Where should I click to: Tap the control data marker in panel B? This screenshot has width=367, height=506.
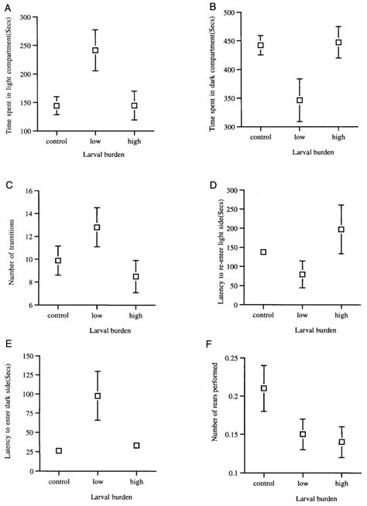point(260,45)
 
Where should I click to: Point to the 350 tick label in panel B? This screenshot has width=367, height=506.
point(220,90)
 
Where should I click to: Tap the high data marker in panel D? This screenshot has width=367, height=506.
point(341,229)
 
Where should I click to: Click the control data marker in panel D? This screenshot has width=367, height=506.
point(263,252)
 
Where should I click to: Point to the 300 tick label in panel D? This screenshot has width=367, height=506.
point(220,190)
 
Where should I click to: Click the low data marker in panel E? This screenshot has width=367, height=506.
point(98,396)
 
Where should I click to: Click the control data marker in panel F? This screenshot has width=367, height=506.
point(264,388)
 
